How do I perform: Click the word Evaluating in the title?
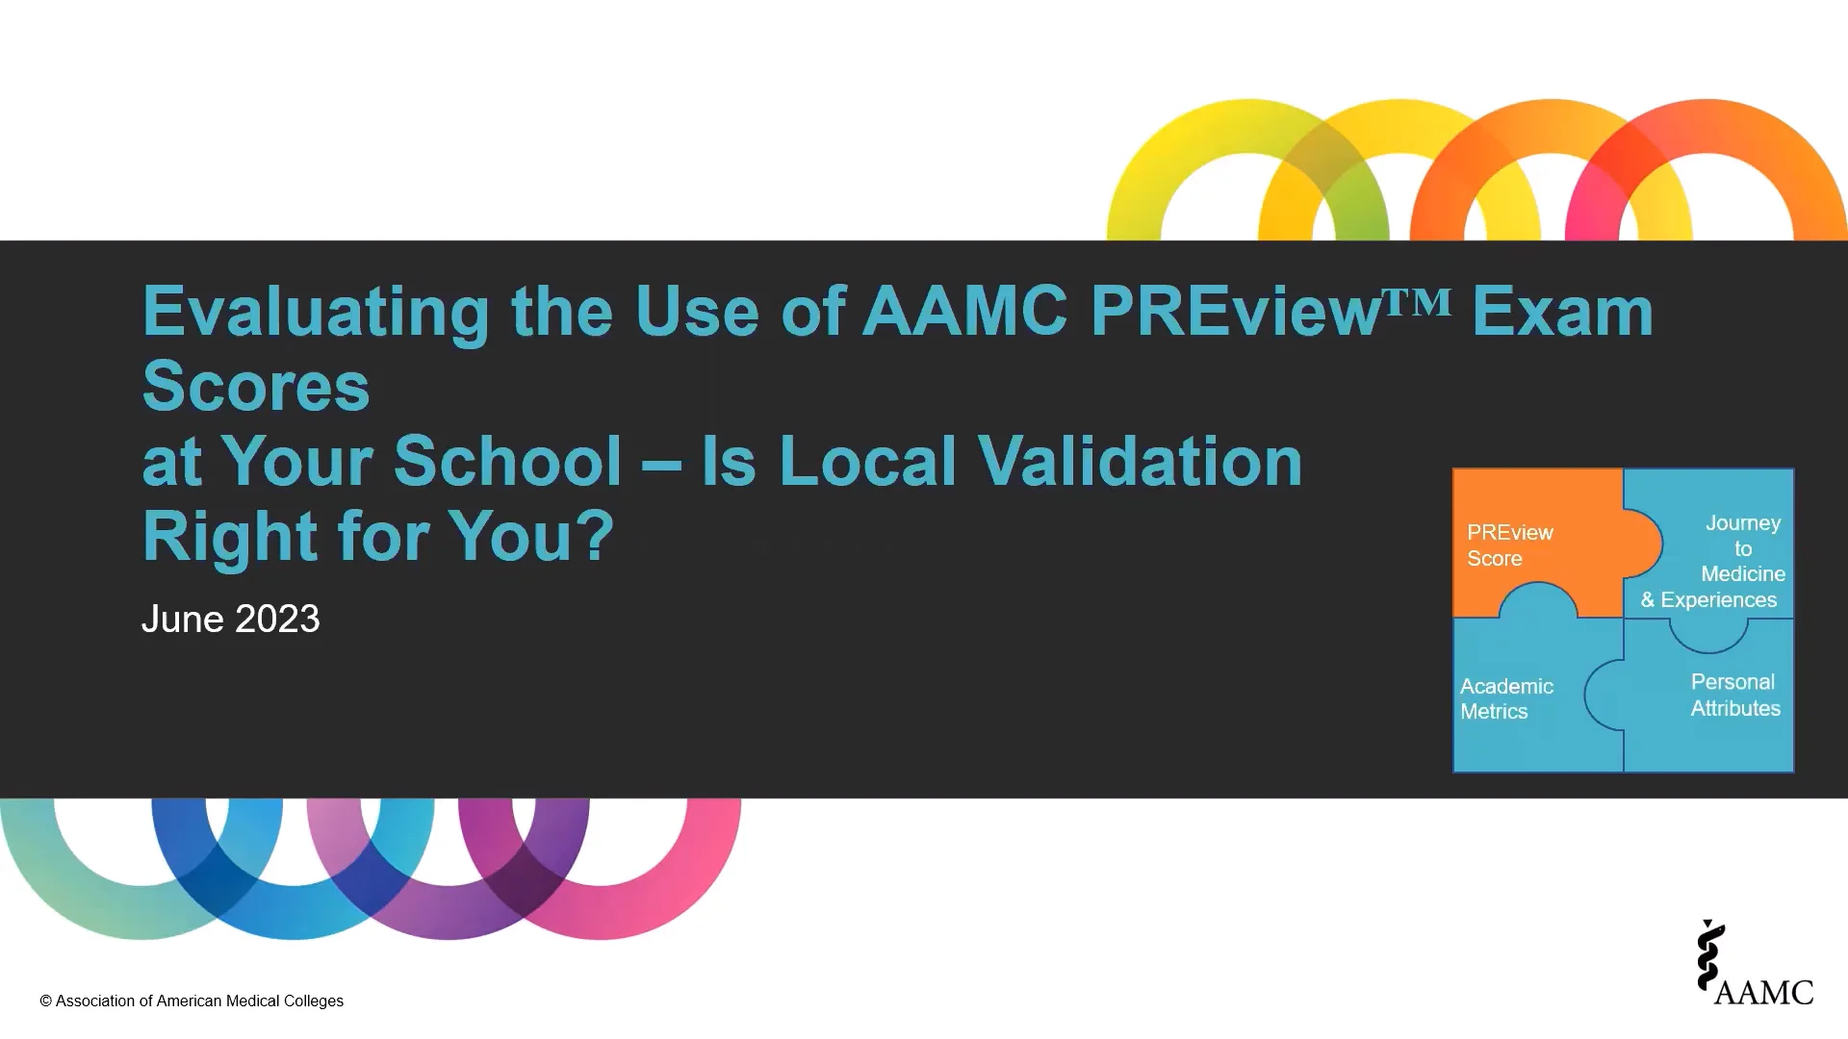click(x=317, y=313)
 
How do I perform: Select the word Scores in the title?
click(x=256, y=387)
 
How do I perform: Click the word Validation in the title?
click(x=1140, y=462)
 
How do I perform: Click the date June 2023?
click(x=230, y=619)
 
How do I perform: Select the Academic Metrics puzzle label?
click(x=1506, y=698)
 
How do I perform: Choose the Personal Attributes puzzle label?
click(x=1734, y=695)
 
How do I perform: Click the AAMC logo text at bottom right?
click(x=1763, y=992)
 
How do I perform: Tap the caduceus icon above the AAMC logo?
click(x=1709, y=955)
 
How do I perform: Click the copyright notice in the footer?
click(x=192, y=1001)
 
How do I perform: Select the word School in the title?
click(x=507, y=462)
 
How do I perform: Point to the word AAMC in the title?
click(x=964, y=313)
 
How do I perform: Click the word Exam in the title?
click(x=1561, y=313)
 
